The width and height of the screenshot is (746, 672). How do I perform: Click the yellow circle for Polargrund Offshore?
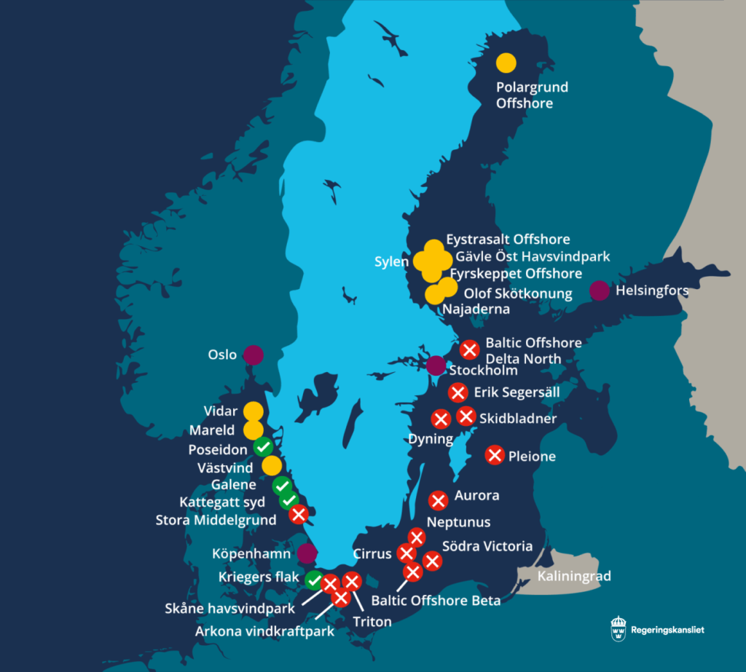point(506,63)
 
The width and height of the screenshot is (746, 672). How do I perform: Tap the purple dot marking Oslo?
point(254,355)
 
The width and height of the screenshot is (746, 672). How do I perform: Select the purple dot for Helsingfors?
point(600,290)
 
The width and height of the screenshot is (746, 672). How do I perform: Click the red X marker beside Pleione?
point(495,455)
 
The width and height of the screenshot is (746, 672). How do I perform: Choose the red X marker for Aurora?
point(438,500)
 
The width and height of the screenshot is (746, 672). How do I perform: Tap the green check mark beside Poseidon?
point(263,447)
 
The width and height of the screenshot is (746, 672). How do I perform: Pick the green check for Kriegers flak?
point(314,580)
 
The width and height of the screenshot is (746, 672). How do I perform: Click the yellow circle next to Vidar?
point(253,411)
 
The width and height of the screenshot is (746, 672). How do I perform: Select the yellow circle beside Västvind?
point(272,466)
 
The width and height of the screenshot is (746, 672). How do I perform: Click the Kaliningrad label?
point(574,577)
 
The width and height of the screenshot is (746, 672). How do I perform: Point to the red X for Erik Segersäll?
point(458,393)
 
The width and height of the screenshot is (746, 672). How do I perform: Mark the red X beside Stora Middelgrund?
point(298,515)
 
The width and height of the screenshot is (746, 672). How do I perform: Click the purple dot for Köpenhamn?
point(307,553)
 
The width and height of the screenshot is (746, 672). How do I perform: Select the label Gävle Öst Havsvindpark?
point(533,256)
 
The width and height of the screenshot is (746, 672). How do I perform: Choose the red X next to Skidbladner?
point(466,416)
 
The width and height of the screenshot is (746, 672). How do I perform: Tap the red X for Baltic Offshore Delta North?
point(470,349)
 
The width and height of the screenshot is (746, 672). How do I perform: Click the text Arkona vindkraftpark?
point(264,631)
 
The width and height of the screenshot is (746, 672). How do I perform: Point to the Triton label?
point(372,622)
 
